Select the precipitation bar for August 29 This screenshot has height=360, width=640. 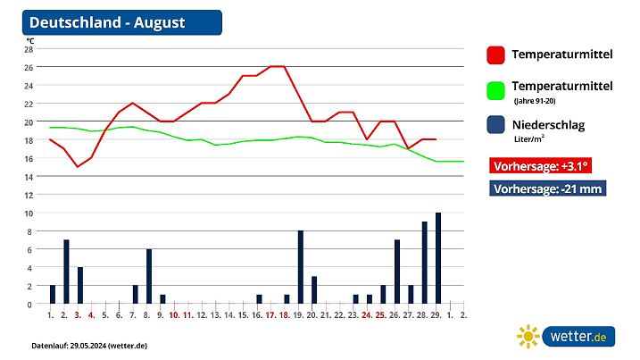click(x=438, y=258)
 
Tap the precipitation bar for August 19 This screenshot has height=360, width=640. click(x=301, y=267)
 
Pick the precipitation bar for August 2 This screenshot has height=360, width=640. click(x=66, y=272)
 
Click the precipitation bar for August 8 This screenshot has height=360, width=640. click(x=149, y=276)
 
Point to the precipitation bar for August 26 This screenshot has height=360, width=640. click(x=397, y=272)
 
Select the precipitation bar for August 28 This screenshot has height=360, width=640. click(x=425, y=263)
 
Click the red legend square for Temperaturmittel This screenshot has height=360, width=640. click(x=496, y=55)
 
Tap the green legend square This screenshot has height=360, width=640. click(x=496, y=90)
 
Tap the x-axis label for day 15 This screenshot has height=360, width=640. click(x=242, y=314)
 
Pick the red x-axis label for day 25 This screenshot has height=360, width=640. click(x=380, y=314)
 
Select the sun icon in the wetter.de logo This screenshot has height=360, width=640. click(x=528, y=336)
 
